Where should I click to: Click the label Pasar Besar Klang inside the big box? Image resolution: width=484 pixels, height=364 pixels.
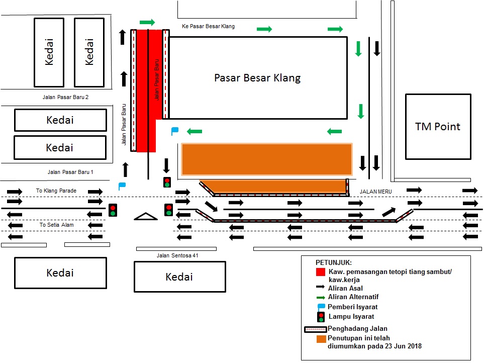[257, 78]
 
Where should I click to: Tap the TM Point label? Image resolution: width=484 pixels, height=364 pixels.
[437, 126]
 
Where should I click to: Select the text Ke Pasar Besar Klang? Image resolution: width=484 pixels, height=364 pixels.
[208, 26]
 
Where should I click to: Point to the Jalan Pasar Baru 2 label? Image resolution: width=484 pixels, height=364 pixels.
[65, 97]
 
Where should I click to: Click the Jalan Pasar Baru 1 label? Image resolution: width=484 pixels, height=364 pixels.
[70, 172]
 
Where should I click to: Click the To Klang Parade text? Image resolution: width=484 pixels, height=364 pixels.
[56, 191]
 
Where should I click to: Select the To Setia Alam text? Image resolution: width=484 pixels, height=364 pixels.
[57, 225]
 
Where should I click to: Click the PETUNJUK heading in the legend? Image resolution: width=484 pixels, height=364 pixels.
[334, 263]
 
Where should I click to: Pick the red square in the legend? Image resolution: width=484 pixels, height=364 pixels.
[320, 272]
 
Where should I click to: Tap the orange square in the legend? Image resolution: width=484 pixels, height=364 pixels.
[321, 339]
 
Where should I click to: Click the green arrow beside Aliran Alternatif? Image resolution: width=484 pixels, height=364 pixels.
[321, 298]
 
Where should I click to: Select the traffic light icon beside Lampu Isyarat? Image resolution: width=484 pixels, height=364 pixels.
[320, 317]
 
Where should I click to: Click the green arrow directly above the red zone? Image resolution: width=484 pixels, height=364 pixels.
[147, 22]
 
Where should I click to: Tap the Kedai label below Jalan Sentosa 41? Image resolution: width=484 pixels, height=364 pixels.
[179, 277]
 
